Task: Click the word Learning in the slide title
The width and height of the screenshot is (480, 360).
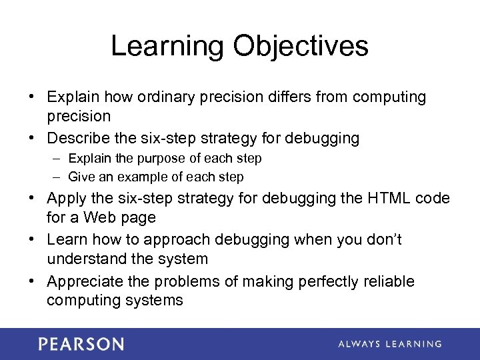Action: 167,47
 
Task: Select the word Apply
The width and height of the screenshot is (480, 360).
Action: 67,199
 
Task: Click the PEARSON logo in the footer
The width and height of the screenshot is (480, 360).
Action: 81,345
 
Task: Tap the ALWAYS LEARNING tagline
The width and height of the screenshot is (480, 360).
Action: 389,344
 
